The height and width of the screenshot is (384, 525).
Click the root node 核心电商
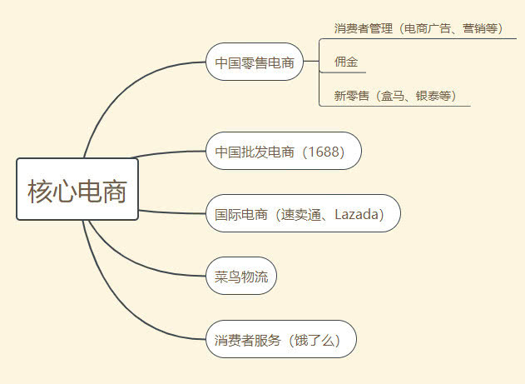pyautogui.click(x=77, y=189)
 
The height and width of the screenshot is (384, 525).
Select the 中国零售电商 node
pyautogui.click(x=255, y=62)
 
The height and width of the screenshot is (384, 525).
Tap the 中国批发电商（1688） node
pyautogui.click(x=284, y=151)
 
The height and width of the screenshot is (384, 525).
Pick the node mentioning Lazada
pyautogui.click(x=303, y=213)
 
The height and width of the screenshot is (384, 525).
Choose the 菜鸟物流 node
pyautogui.click(x=241, y=276)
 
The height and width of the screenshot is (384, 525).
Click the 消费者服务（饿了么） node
pyautogui.click(x=281, y=339)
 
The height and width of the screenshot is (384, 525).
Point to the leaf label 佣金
pyautogui.click(x=346, y=62)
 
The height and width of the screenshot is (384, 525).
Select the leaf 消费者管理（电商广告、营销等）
pyautogui.click(x=419, y=28)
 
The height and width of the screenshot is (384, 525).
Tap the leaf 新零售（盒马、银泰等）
pyautogui.click(x=395, y=96)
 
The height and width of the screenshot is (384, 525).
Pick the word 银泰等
pyautogui.click(x=433, y=96)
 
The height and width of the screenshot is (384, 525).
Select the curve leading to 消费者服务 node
pyautogui.click(x=114, y=302)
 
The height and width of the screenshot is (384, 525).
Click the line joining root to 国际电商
pyautogui.click(x=171, y=212)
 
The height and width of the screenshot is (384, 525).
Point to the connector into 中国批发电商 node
pyautogui.click(x=168, y=152)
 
